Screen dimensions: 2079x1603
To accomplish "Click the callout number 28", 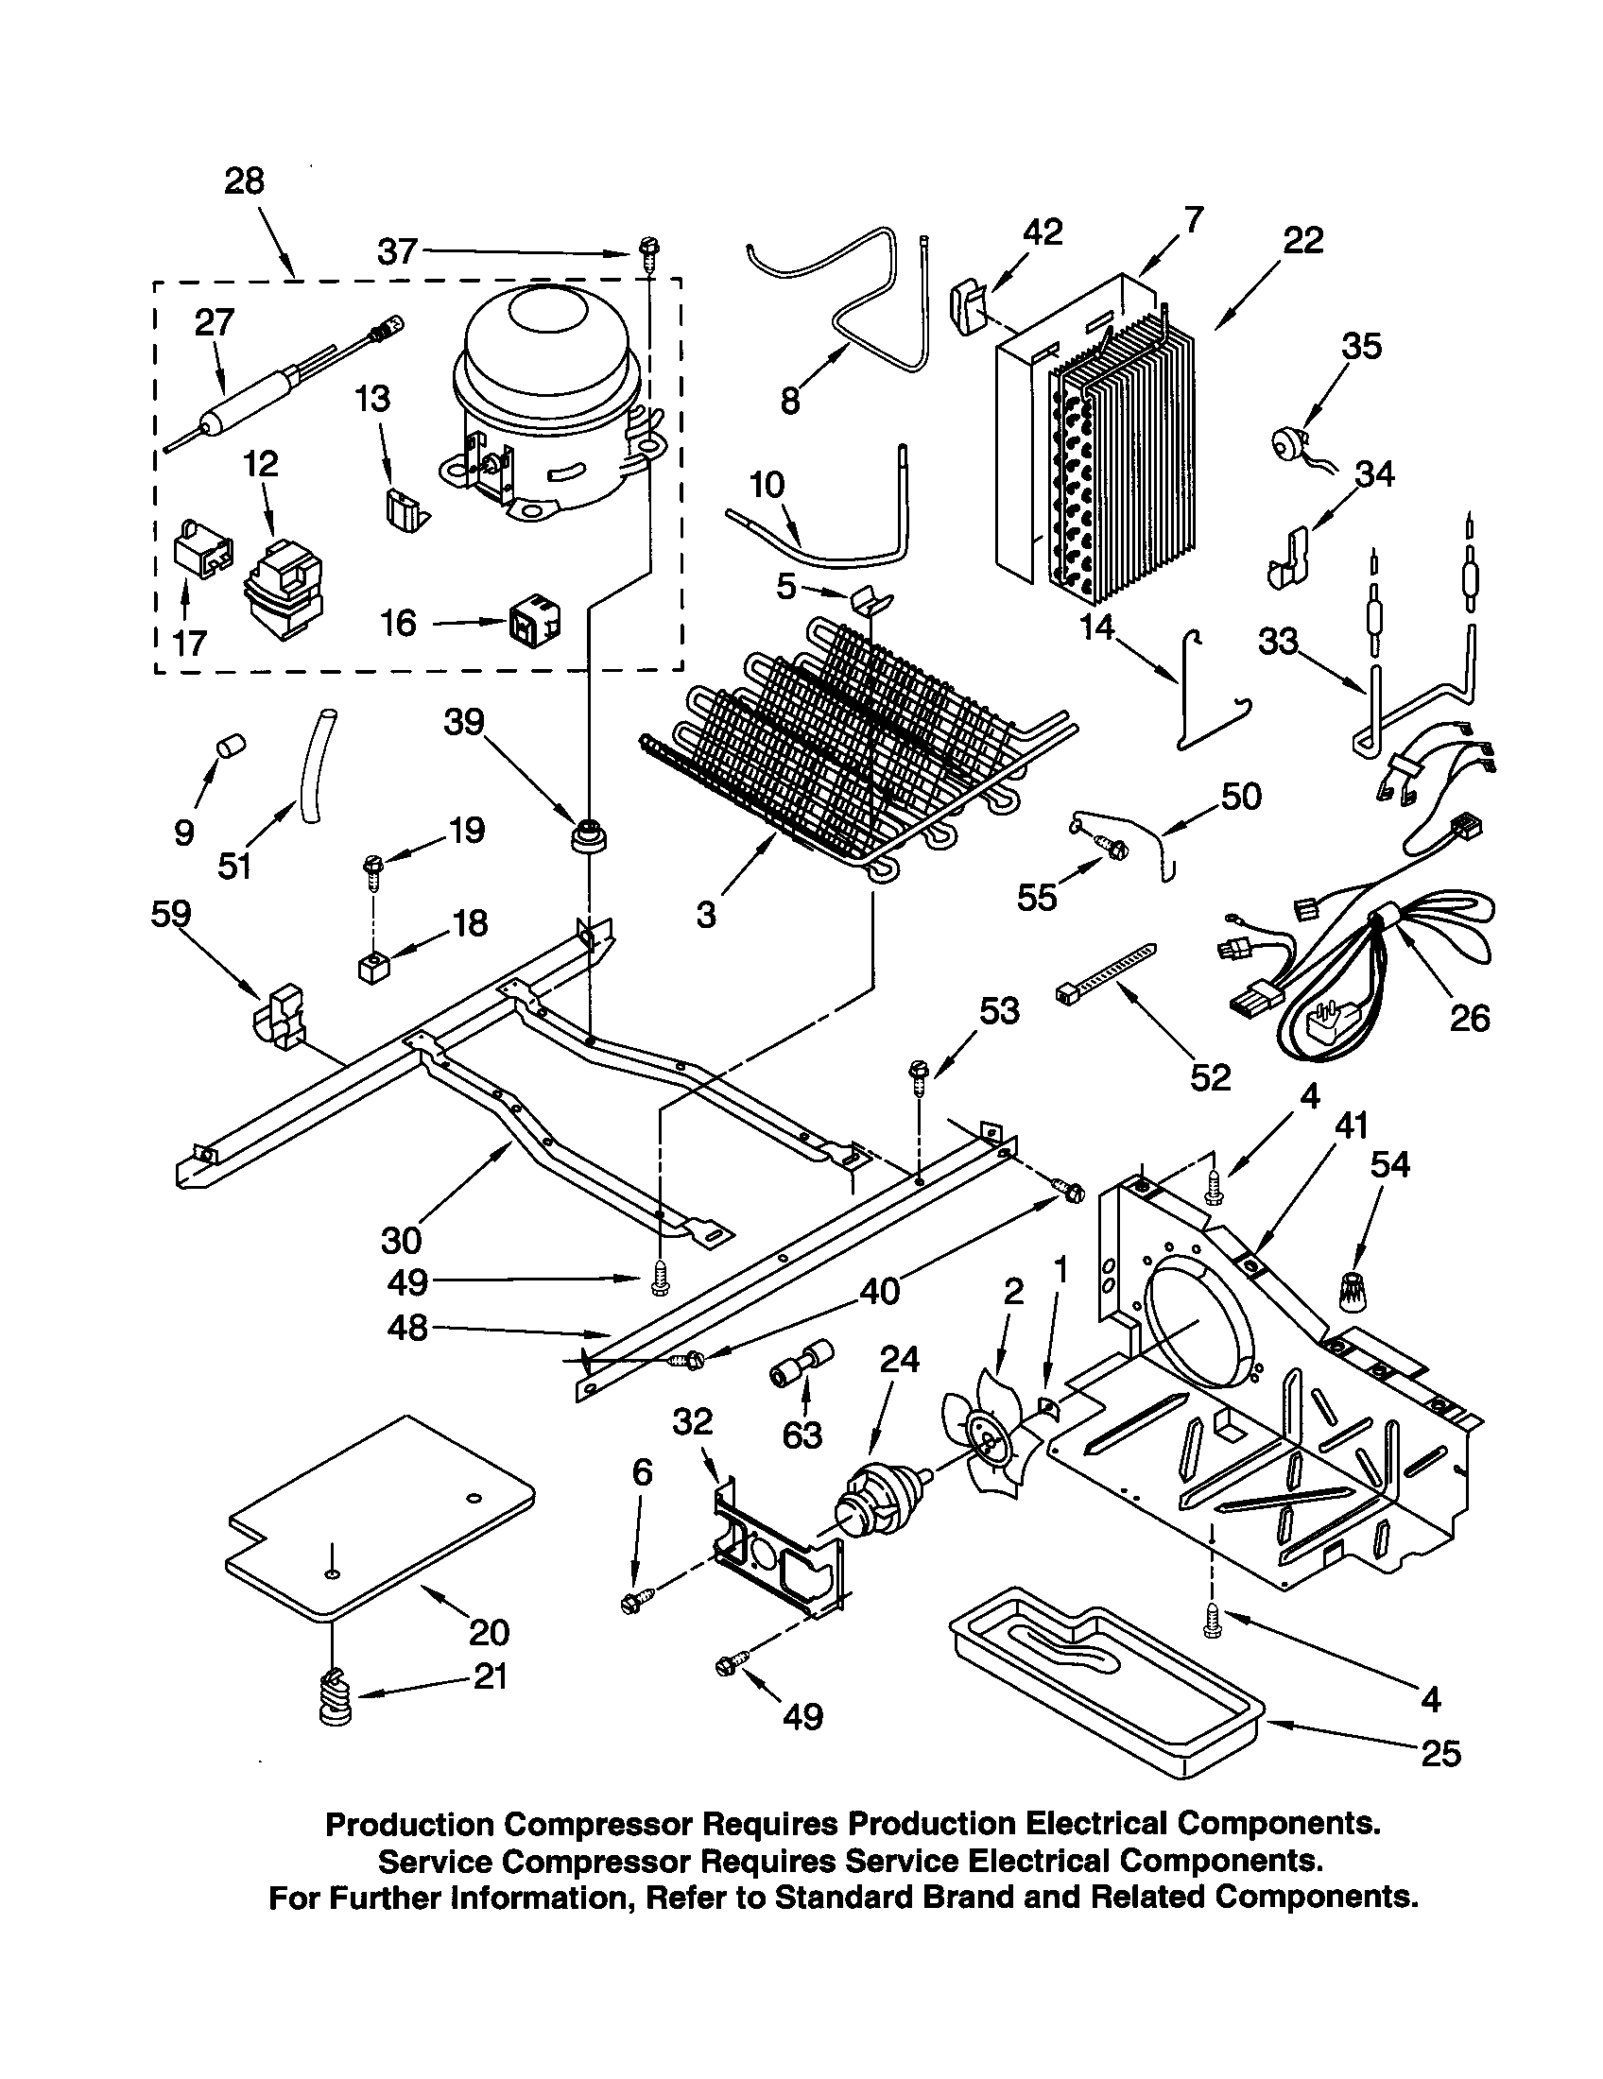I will [x=244, y=180].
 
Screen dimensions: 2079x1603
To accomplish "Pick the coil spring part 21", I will [x=337, y=1699].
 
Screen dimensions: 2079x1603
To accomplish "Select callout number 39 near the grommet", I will [x=464, y=724].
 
